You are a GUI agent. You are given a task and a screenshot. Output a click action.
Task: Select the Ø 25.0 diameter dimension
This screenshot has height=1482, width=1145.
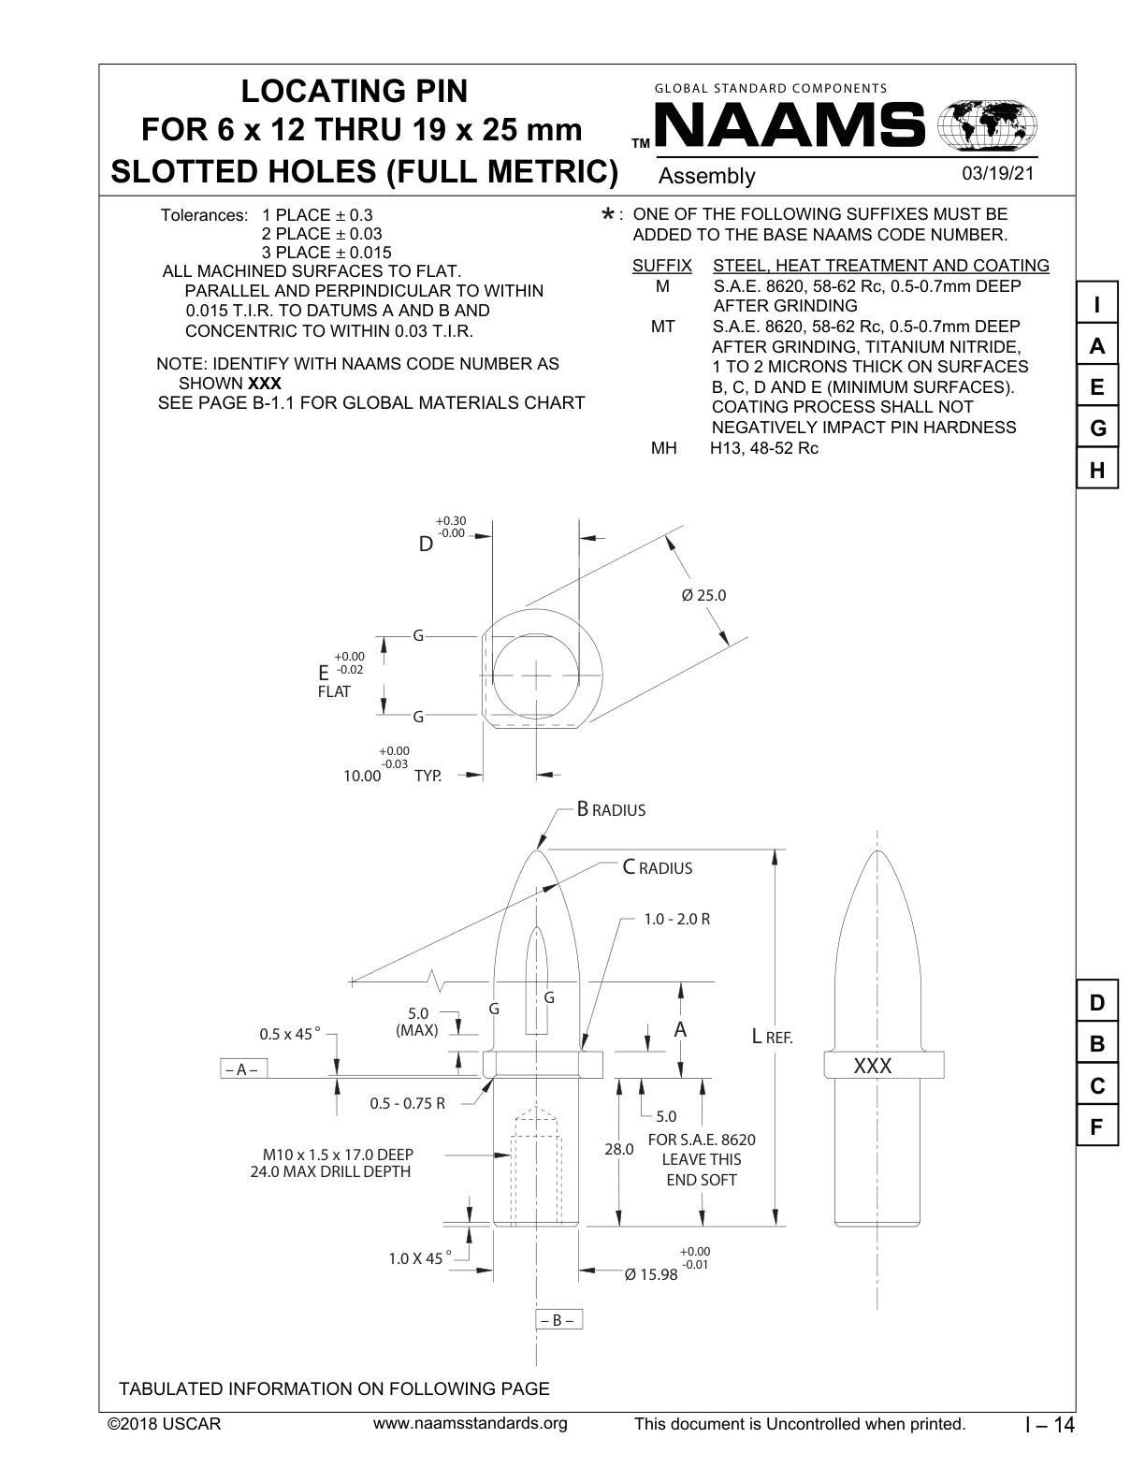703,595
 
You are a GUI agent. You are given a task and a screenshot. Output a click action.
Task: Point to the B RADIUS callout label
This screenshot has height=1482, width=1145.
611,809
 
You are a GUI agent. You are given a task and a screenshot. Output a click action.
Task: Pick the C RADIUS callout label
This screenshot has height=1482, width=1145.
658,867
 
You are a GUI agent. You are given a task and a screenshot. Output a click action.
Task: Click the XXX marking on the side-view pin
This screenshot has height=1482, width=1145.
873,1067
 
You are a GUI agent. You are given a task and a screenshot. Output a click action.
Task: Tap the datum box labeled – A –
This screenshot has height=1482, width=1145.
243,1069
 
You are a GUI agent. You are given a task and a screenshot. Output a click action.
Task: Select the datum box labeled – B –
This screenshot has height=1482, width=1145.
558,1320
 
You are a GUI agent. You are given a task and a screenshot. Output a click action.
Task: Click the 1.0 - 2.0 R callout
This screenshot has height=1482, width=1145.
676,919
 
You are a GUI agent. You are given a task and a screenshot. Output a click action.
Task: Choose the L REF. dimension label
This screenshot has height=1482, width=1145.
773,1037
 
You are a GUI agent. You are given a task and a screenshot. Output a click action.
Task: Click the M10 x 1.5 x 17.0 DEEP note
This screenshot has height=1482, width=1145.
337,1155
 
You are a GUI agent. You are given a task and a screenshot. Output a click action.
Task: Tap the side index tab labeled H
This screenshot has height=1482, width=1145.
1097,471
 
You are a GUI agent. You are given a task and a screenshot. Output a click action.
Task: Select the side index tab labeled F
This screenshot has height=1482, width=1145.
1097,1127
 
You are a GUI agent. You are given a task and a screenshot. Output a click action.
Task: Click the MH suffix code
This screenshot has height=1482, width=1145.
663,448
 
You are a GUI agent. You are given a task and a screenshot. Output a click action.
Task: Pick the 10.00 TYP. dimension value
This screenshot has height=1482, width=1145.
363,776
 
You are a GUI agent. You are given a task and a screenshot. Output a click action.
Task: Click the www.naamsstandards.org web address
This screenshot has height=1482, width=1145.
470,1424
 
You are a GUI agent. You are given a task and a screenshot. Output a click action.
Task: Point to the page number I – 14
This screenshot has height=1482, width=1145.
1051,1425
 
